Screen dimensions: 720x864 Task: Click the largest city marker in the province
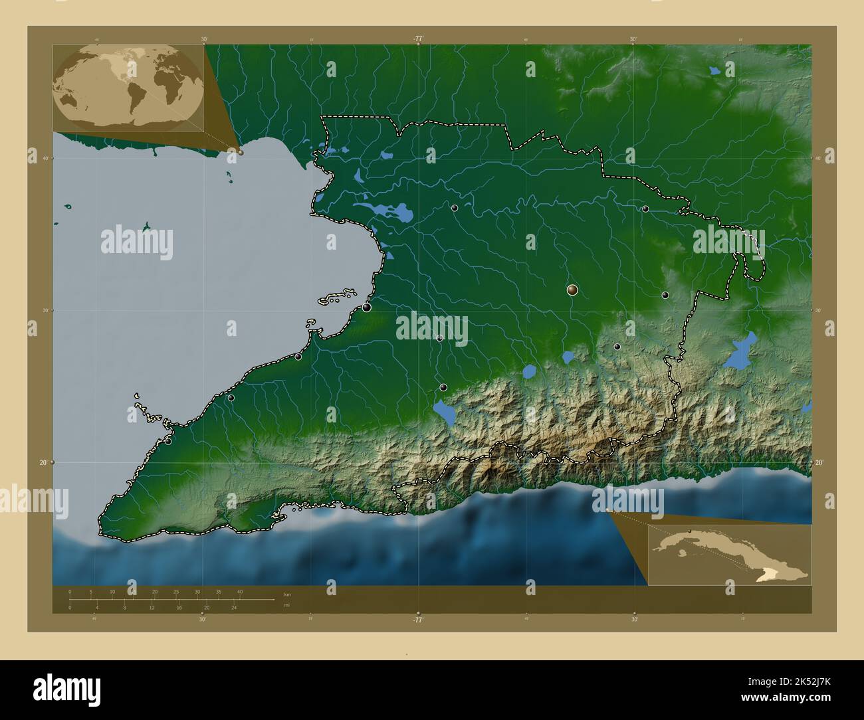click(572, 290)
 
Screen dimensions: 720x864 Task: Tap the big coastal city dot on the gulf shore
click(366, 307)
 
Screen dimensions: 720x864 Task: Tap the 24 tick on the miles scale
click(234, 607)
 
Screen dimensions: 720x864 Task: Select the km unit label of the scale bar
click(286, 594)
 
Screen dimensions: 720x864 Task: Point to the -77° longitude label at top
click(417, 39)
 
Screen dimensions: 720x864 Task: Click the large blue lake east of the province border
click(738, 353)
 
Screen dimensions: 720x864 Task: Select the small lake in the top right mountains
click(714, 69)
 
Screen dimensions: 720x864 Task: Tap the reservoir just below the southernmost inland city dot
click(444, 412)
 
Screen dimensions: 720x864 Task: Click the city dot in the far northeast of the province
click(645, 209)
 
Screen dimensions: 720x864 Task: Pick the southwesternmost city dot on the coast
click(168, 441)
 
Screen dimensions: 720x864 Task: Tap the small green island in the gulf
click(146, 227)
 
